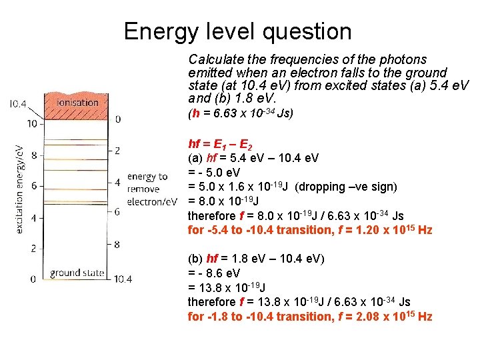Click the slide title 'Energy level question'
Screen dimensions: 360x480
pos(237,31)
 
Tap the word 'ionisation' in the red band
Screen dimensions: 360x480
pos(78,105)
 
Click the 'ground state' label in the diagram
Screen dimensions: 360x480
pos(77,273)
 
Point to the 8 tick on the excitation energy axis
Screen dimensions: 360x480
pos(33,155)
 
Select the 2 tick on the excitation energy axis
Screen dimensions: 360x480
pos(33,248)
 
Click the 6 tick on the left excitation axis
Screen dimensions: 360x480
pos(33,186)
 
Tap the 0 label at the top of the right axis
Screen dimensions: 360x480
pos(118,120)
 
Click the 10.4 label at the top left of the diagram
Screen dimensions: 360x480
pos(18,104)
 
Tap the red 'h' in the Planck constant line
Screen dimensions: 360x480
pos(195,113)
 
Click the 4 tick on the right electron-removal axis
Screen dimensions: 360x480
pos(118,181)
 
